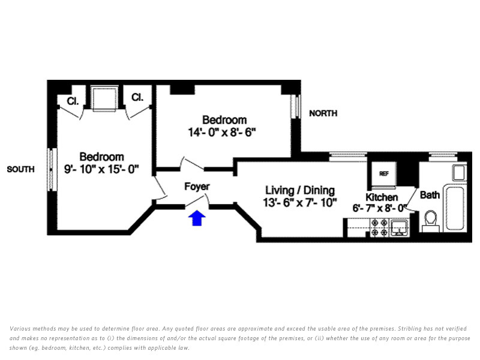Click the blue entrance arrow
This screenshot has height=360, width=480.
(x=197, y=218)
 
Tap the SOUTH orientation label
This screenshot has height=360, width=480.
(x=20, y=169)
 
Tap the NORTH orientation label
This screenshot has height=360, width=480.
(x=323, y=113)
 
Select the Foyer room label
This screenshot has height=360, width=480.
(x=197, y=187)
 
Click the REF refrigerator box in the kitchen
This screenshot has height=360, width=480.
(x=384, y=173)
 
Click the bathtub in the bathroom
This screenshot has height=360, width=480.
(x=455, y=208)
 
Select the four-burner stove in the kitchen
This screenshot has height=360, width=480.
(x=379, y=228)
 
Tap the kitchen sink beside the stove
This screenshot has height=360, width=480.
(x=399, y=228)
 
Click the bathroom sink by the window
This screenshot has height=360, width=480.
(x=460, y=173)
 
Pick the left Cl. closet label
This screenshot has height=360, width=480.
(x=73, y=101)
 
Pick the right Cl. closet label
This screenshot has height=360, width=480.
(x=137, y=97)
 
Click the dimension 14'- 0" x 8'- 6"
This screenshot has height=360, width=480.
(x=221, y=132)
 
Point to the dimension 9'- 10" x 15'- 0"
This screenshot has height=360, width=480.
(x=101, y=169)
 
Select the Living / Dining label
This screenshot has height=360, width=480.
(x=300, y=190)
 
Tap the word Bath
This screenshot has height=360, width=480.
(x=430, y=195)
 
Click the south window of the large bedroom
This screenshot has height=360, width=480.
(x=52, y=170)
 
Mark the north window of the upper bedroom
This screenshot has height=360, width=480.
(x=295, y=106)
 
